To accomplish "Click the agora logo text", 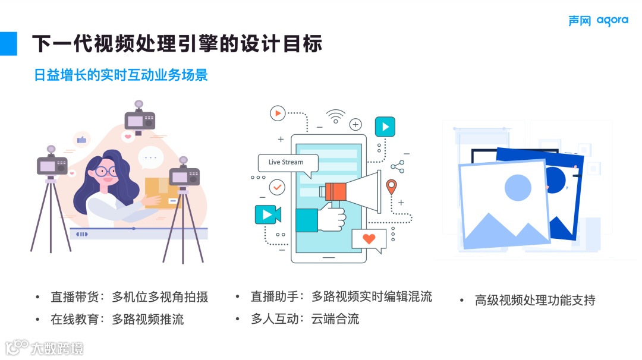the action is point(612,21).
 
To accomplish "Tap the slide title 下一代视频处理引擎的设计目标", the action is point(177,43).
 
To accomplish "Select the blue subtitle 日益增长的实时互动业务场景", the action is point(121,75).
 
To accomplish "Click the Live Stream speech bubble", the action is point(287,162).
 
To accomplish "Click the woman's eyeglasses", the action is point(106,171).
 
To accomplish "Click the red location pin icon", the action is point(391,187).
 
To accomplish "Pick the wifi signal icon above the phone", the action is point(335,116).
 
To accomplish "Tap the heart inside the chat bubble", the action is point(369,239).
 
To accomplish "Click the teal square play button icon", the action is point(385,127).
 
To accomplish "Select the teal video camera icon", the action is point(267,214).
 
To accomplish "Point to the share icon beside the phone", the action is point(398,167).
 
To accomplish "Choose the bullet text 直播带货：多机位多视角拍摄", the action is point(129,297).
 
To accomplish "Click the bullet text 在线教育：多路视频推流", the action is point(117,319).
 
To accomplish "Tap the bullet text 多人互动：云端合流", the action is point(305,318).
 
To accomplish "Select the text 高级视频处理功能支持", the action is point(535,300).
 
